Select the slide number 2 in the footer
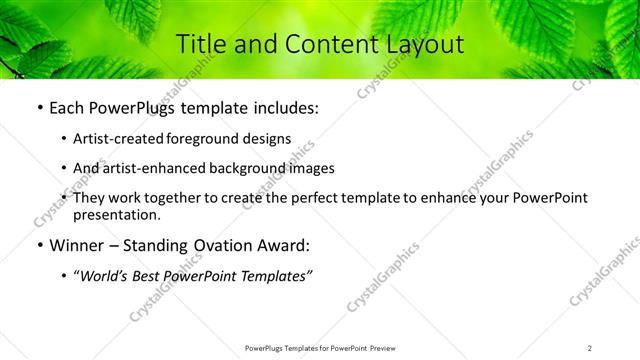pos(590,348)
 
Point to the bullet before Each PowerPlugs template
pos(39,108)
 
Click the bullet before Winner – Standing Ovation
pos(39,245)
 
